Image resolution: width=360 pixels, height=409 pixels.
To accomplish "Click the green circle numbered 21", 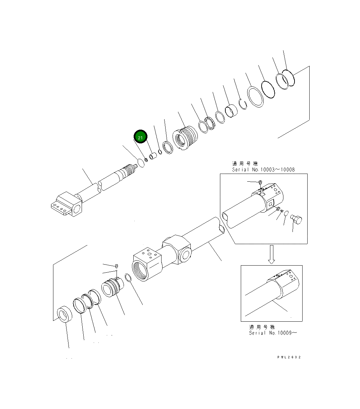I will tap(141, 137).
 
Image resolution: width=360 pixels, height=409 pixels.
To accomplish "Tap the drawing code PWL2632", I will tap(289, 357).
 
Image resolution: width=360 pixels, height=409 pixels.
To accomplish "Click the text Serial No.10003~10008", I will tap(263, 170).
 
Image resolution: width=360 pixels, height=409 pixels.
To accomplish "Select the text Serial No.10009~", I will tap(273, 333).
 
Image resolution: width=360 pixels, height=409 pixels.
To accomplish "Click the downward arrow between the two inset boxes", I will tap(272, 254).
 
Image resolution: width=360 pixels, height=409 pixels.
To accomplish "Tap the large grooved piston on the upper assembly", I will tap(185, 138).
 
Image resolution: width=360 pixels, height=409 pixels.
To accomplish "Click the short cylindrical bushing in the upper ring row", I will tap(231, 111).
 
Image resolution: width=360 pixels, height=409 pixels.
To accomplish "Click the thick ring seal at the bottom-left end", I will tap(64, 315).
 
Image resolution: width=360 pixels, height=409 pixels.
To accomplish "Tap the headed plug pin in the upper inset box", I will tap(296, 220).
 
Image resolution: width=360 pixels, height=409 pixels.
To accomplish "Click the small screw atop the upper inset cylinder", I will tap(260, 182).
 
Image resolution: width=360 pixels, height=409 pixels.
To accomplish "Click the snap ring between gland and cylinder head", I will tap(128, 278).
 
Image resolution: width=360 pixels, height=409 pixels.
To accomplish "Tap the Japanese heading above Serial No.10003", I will tap(245, 164).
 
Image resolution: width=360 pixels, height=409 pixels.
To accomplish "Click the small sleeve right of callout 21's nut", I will tap(153, 156).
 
